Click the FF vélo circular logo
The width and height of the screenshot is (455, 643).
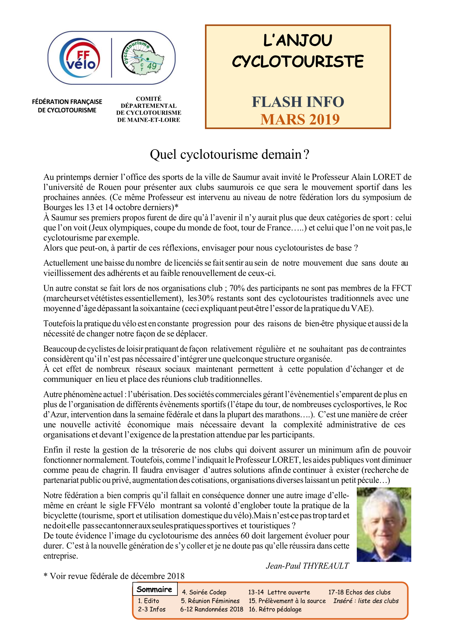[80, 58]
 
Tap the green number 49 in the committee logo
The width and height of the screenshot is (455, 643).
[152, 66]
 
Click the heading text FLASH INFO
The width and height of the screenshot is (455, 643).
[298, 102]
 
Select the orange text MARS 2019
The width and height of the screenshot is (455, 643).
[300, 120]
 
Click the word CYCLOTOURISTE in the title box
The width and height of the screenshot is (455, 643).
[298, 62]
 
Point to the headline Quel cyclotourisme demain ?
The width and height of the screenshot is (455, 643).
[229, 154]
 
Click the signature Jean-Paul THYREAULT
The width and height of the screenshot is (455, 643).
[307, 566]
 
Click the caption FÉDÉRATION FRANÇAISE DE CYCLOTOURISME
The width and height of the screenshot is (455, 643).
[67, 106]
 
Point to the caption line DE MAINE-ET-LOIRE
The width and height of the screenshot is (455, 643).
[149, 120]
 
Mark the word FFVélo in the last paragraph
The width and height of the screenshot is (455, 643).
[141, 506]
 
